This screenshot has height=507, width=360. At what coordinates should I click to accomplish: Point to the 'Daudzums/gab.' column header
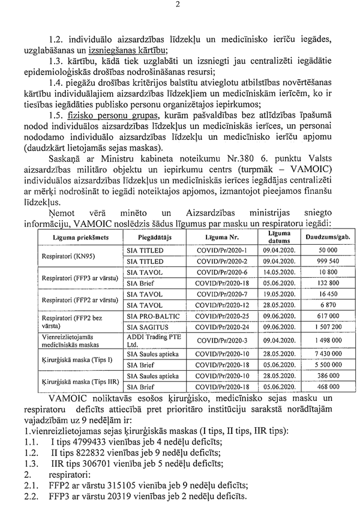[328, 238]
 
